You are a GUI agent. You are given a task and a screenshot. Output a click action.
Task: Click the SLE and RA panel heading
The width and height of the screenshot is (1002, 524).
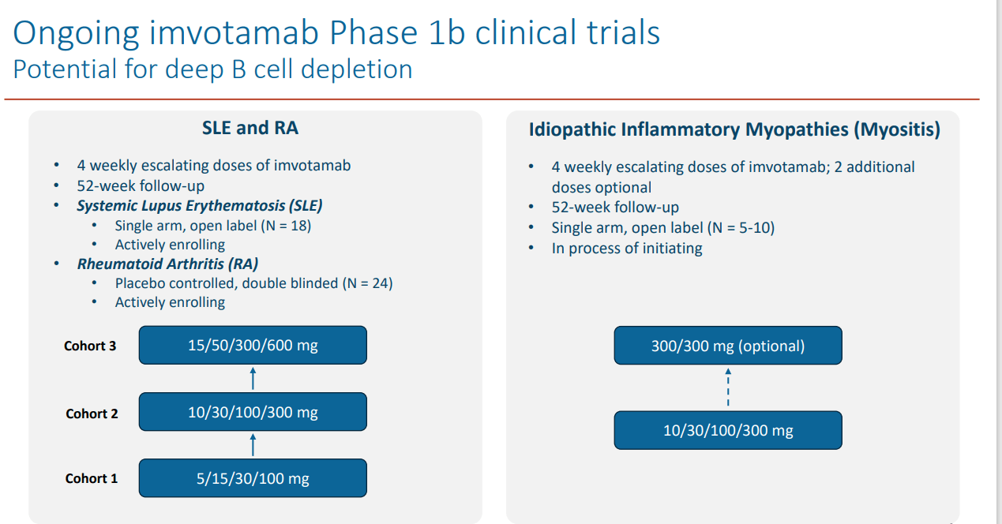[x=250, y=128]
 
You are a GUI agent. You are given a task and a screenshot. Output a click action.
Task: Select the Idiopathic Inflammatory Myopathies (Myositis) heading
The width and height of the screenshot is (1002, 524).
[x=734, y=129]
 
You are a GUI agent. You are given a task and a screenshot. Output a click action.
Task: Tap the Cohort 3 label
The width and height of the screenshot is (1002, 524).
[x=90, y=346]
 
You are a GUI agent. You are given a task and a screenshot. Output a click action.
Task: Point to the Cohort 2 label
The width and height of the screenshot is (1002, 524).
[x=92, y=414]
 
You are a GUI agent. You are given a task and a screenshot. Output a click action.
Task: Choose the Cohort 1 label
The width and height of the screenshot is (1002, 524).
[x=92, y=478]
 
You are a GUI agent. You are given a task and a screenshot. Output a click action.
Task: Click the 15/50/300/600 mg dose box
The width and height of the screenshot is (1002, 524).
[x=253, y=345]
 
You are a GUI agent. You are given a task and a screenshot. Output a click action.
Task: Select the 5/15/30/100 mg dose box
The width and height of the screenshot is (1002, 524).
[x=253, y=478]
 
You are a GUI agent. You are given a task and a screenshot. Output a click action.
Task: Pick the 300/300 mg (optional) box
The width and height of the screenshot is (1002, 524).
[x=728, y=346]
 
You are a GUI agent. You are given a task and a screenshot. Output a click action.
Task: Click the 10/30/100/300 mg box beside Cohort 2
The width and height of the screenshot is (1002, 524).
[x=253, y=412]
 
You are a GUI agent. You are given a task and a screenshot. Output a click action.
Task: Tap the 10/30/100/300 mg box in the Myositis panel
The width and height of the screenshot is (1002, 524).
[x=728, y=431]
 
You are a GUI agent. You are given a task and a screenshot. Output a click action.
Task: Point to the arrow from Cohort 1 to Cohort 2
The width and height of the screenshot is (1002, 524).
[x=253, y=445]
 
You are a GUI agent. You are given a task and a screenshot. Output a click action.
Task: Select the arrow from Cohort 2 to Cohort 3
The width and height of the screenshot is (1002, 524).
[x=253, y=378]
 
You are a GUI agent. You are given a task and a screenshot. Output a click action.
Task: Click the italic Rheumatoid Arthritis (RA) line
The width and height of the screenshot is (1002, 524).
[x=167, y=264]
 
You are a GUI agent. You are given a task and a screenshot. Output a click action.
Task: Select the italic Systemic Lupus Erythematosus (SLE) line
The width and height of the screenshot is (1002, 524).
[x=200, y=206]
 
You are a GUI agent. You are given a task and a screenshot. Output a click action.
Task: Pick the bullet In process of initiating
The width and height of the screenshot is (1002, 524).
[x=627, y=249]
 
